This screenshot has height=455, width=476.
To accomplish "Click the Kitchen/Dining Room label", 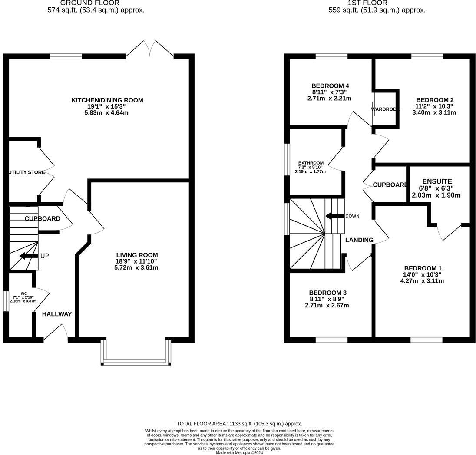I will [x=107, y=100].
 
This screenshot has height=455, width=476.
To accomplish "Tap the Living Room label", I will [x=137, y=255].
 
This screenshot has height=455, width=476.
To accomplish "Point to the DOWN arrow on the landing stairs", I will [x=334, y=216].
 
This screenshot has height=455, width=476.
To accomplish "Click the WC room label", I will [x=24, y=293].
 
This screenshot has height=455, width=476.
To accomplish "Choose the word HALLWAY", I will [x=57, y=314].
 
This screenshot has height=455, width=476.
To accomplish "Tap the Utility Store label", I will [x=27, y=172].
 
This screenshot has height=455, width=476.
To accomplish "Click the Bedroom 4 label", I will [x=330, y=86].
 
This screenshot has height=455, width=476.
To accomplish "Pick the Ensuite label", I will [x=437, y=181].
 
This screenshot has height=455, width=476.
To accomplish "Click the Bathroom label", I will [x=311, y=163].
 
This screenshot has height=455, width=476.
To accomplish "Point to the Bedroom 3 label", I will [x=328, y=293].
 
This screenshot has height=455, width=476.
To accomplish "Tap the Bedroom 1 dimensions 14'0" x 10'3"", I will [x=422, y=274].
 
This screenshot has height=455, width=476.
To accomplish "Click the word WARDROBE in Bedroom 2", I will [x=385, y=109].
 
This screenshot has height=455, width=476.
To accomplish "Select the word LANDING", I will [x=359, y=240].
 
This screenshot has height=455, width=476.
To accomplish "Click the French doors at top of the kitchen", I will [x=150, y=49].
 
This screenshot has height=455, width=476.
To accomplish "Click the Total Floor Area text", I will [x=239, y=424].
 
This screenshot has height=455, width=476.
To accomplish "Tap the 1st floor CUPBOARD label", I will [x=390, y=185].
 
